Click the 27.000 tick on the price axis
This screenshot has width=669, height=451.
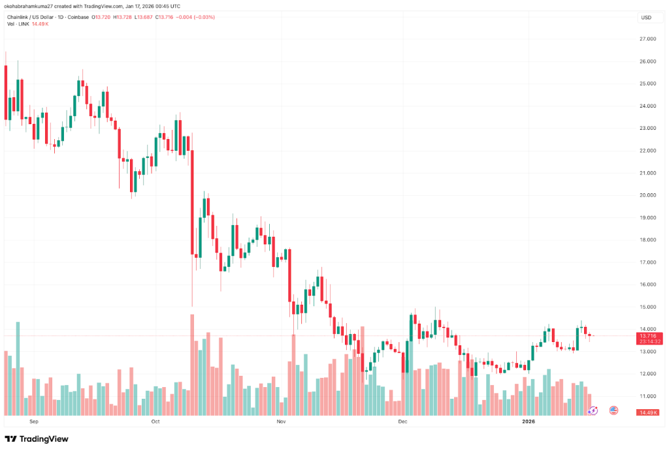pos(647,39)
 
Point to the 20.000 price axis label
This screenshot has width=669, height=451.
pos(647,195)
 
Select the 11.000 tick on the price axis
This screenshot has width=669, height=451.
pos(647,396)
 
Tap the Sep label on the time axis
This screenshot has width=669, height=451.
pos(33,422)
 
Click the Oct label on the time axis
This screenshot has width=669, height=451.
pos(155,422)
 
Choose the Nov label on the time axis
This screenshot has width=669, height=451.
pos(281,422)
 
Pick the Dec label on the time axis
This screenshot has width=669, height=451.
pos(402,422)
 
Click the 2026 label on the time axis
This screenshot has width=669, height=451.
pos(529,422)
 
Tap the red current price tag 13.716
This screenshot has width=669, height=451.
pos(647,335)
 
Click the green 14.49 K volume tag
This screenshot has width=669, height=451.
pos(647,412)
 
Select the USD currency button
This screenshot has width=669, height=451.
pos(647,18)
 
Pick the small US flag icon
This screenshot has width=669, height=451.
pos(613,410)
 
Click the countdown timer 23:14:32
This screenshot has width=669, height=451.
pos(647,341)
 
